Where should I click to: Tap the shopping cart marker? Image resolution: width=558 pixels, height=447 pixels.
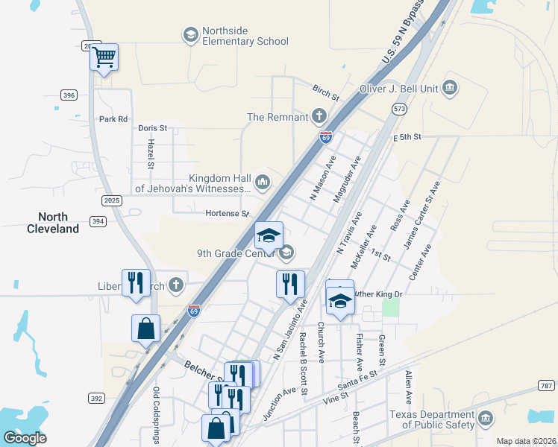pyautogui.click(x=104, y=56)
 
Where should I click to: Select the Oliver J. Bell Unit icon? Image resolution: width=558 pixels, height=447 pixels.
pyautogui.click(x=451, y=88)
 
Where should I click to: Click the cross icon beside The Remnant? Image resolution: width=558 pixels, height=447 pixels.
pyautogui.click(x=319, y=116)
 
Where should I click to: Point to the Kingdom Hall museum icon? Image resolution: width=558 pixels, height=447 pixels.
pyautogui.click(x=263, y=181)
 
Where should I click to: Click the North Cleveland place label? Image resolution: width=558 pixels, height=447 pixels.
pyautogui.click(x=53, y=223)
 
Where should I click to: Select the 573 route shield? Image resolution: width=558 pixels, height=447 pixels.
pyautogui.click(x=399, y=109)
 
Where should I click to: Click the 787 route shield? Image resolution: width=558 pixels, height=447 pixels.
pyautogui.click(x=546, y=385)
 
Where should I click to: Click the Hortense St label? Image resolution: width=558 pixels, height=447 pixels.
pyautogui.click(x=228, y=214)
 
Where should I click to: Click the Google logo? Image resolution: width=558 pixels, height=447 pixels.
pyautogui.click(x=25, y=437)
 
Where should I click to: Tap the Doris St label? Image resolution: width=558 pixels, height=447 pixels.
pyautogui.click(x=152, y=128)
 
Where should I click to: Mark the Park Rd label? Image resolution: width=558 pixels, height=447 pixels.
pyautogui.click(x=113, y=119)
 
